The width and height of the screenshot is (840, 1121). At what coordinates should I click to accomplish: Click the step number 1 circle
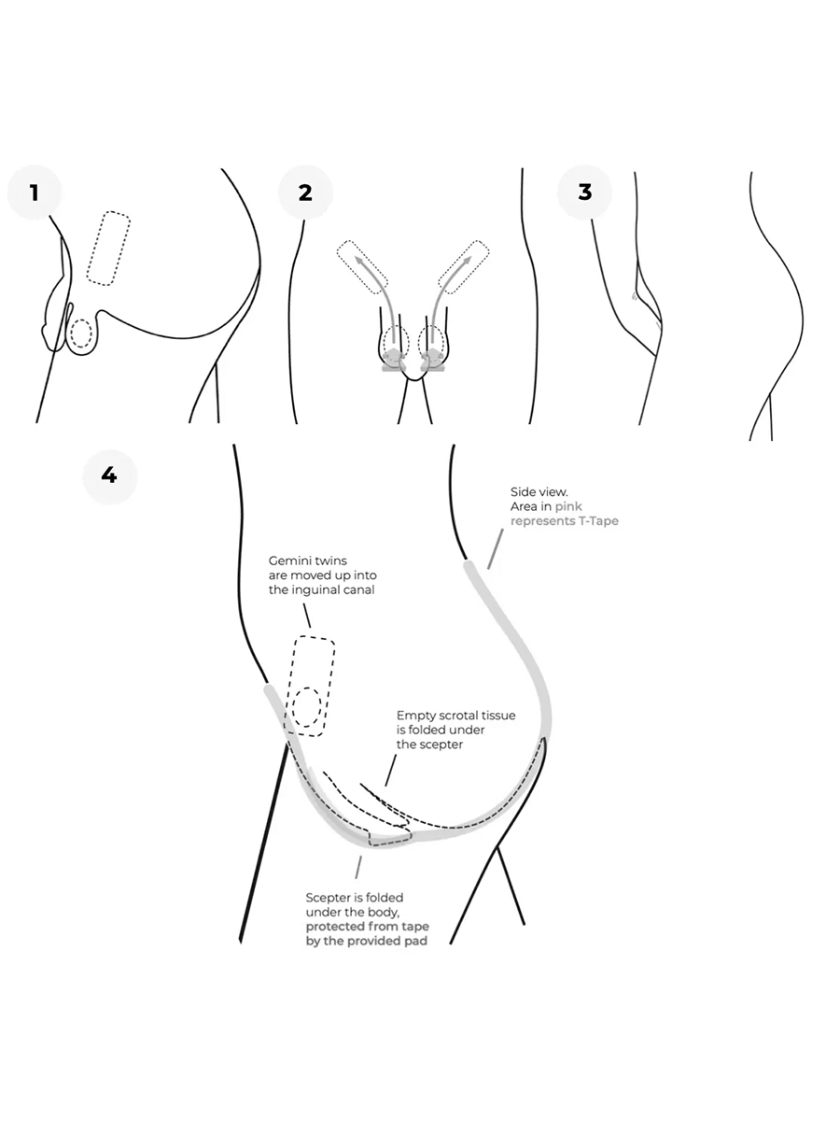35,193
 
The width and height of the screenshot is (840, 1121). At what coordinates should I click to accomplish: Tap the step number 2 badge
305,193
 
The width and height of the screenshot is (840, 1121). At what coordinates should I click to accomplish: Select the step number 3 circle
585,192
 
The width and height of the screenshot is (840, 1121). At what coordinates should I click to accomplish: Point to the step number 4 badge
109,475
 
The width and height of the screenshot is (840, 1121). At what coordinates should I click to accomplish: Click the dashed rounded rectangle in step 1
108,248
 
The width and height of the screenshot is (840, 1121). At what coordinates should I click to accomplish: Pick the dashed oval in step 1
82,333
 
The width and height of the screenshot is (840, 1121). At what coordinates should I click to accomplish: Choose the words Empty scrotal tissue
455,715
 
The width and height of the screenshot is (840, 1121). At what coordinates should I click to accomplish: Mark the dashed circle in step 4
307,707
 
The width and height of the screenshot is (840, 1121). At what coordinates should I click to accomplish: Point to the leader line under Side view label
493,551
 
